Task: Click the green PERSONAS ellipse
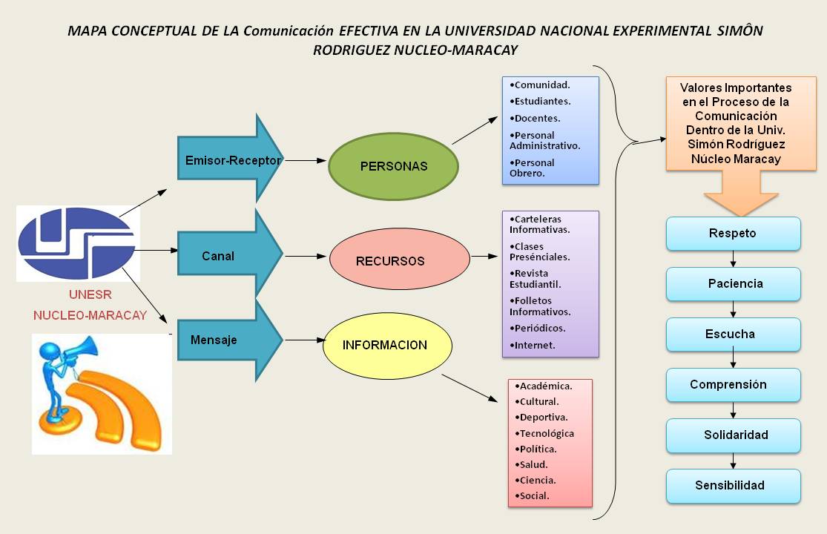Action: [x=393, y=166]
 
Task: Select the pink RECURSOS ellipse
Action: [x=399, y=260]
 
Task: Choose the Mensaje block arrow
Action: [x=223, y=340]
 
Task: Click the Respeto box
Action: [x=733, y=234]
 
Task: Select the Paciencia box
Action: [x=733, y=284]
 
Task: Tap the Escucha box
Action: [x=733, y=334]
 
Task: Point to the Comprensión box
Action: [x=733, y=385]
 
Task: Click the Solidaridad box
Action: [x=733, y=435]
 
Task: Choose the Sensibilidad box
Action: [x=733, y=486]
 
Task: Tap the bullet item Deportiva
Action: [x=541, y=417]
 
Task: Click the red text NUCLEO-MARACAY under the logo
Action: [x=90, y=315]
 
